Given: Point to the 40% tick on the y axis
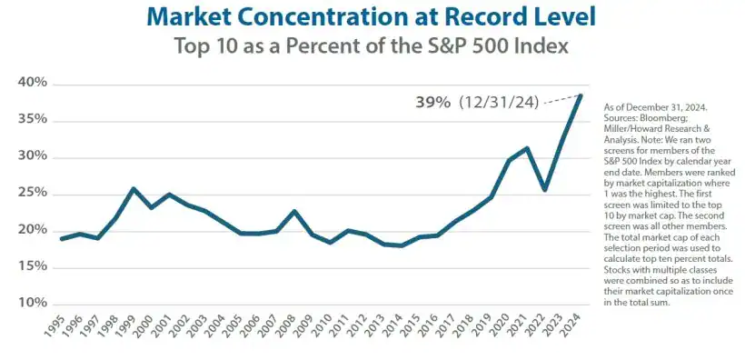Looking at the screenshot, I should [x=33, y=84].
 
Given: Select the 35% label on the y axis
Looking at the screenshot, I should [x=33, y=120].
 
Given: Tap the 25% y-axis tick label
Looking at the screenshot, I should [x=33, y=193].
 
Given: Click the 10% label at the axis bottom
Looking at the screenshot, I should [x=33, y=303].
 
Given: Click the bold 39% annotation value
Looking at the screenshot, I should [x=433, y=103].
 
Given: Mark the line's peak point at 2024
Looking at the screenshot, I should [x=581, y=95].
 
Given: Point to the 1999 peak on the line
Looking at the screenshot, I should [x=134, y=189].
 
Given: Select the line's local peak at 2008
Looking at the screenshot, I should [x=294, y=212].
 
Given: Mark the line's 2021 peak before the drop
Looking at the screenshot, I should [x=527, y=148].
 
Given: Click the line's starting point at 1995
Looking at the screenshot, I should [x=62, y=239].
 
